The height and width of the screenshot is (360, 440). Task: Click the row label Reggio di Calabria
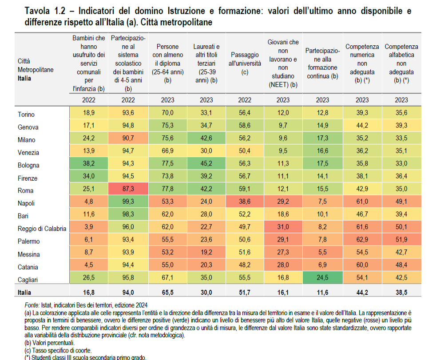click(x=42, y=229)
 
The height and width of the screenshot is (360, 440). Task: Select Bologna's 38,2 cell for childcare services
click(x=89, y=165)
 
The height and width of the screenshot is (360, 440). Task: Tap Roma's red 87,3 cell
click(x=128, y=190)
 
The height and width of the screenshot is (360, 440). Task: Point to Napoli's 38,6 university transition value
click(x=244, y=203)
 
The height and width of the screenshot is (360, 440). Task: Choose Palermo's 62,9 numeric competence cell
click(x=362, y=241)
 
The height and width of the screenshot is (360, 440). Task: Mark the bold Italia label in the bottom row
click(x=25, y=293)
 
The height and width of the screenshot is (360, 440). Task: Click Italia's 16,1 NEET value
click(x=283, y=293)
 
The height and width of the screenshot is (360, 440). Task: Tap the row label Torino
click(x=26, y=114)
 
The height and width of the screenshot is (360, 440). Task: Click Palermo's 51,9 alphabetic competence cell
click(x=401, y=241)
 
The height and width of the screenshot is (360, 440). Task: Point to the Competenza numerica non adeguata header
click(x=362, y=63)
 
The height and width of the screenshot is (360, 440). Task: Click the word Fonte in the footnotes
click(x=32, y=306)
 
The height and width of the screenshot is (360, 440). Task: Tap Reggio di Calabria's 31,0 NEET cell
click(x=283, y=229)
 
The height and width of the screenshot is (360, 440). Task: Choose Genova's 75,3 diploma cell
click(x=167, y=127)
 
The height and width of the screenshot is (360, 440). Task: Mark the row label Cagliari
click(x=28, y=280)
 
